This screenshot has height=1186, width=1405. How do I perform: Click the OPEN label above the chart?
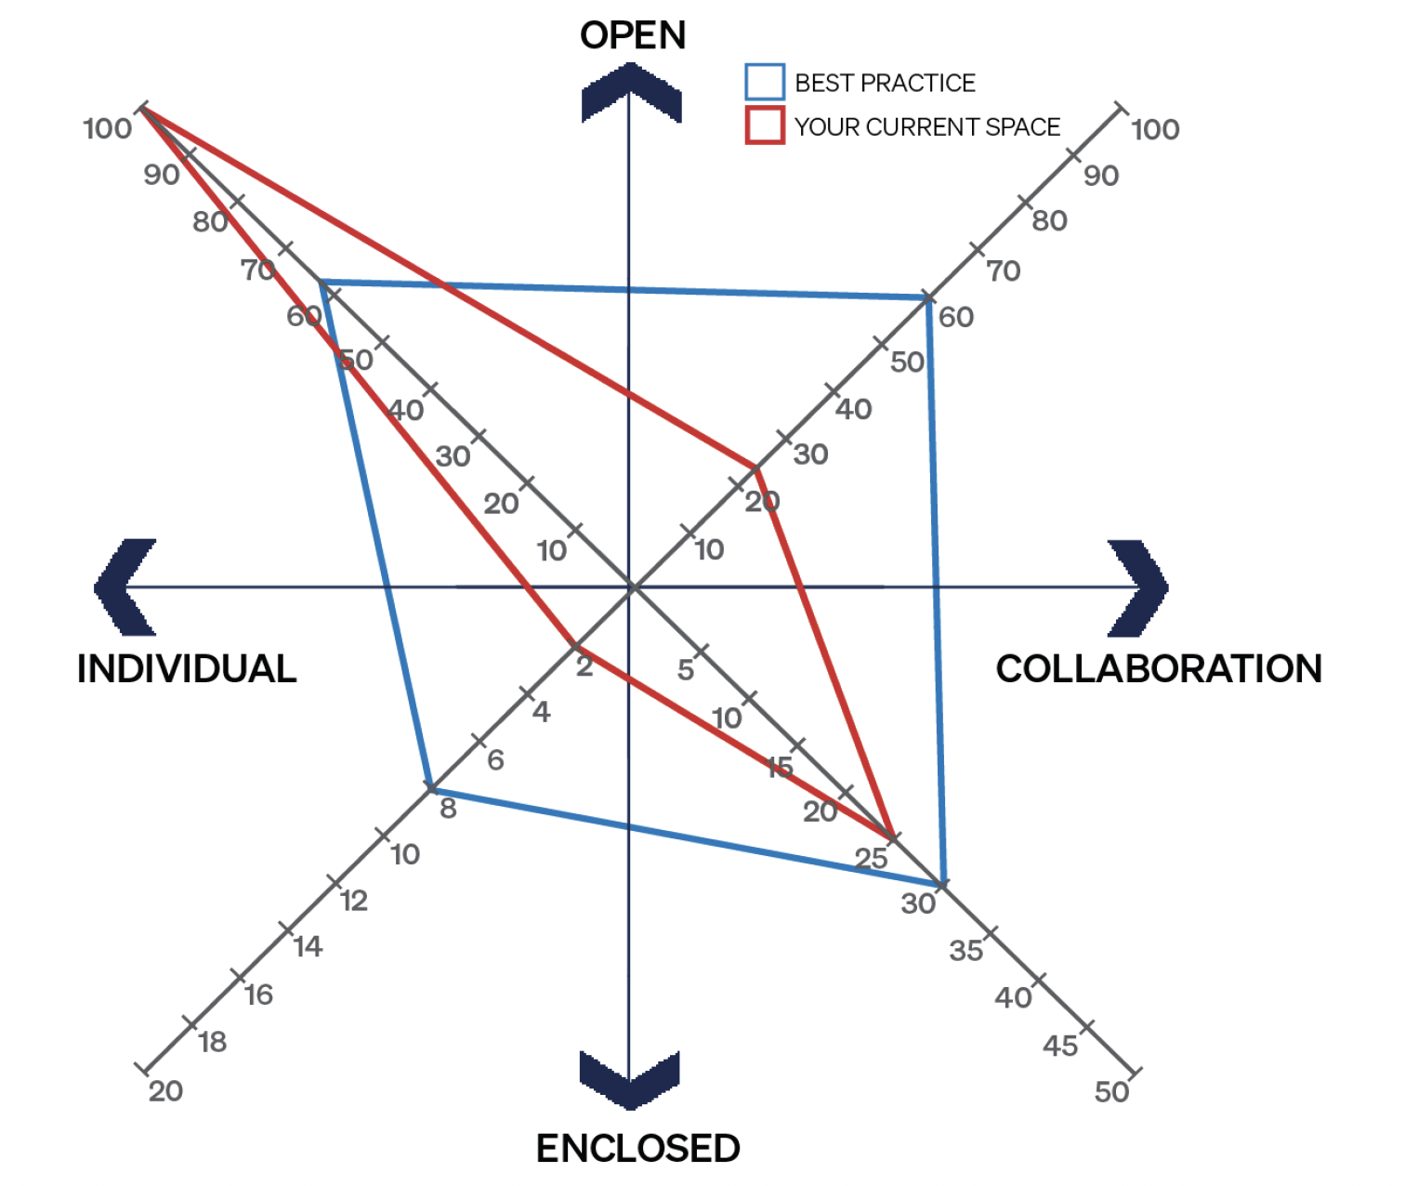[x=633, y=35]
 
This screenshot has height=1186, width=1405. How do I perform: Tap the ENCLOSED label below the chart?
[x=637, y=1148]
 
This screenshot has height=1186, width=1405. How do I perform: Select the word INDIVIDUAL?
[x=187, y=668]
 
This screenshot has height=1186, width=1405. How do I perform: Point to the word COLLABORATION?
[x=1159, y=668]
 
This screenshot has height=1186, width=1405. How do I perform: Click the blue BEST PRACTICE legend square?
[x=765, y=82]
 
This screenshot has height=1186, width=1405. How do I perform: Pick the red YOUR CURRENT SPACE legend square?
[x=765, y=125]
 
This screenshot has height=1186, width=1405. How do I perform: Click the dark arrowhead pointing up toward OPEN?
[x=631, y=92]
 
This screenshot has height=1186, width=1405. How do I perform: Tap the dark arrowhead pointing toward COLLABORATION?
[x=1138, y=587]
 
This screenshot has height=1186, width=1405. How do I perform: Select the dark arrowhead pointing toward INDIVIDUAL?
[x=125, y=587]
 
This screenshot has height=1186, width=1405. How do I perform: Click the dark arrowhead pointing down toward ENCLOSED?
[x=630, y=1080]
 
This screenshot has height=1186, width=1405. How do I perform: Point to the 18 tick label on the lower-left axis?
[x=213, y=1043]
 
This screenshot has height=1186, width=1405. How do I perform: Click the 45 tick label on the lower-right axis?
[x=1060, y=1046]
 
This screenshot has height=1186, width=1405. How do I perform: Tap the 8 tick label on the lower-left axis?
[x=448, y=809]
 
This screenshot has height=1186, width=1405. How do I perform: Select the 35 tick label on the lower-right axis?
[x=966, y=951]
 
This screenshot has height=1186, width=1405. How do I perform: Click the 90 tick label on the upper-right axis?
[x=1101, y=176]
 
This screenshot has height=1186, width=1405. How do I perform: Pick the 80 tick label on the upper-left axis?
[x=210, y=221]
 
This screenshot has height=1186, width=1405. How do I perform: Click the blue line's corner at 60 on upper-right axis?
[x=928, y=297]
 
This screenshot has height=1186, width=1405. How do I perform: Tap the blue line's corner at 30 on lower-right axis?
[x=943, y=884]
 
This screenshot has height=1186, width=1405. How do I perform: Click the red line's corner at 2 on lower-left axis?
[x=572, y=645]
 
